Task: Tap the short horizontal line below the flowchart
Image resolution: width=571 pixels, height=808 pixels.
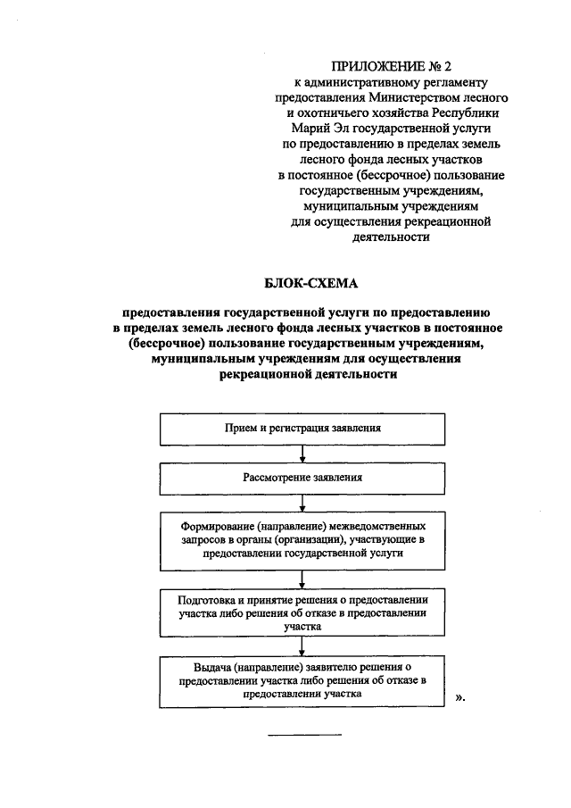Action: pyautogui.click(x=305, y=734)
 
